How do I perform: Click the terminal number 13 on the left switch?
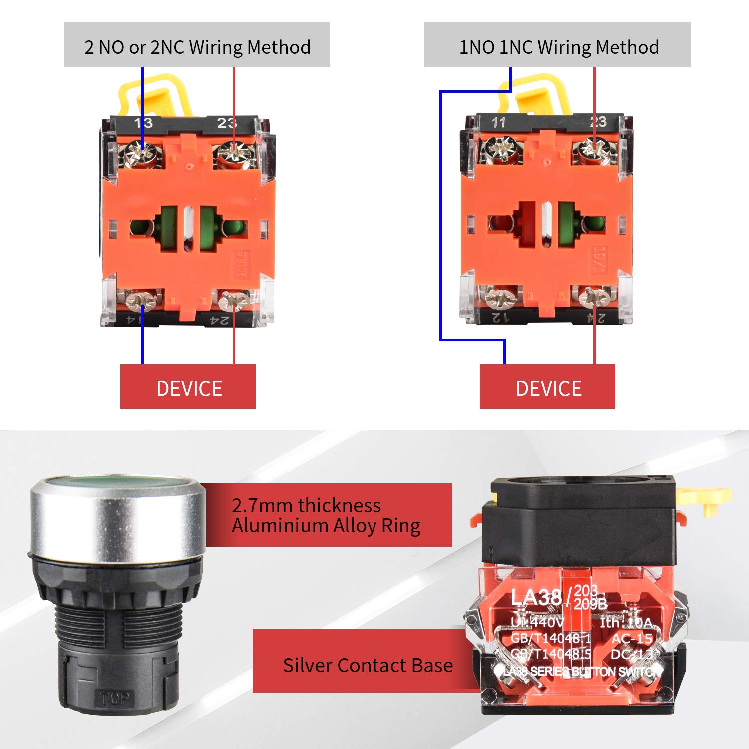pyautogui.click(x=143, y=123)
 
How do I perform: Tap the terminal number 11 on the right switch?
pyautogui.click(x=499, y=122)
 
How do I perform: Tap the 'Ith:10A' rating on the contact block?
pyautogui.click(x=626, y=623)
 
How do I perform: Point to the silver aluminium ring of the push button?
pyautogui.click(x=117, y=524)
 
